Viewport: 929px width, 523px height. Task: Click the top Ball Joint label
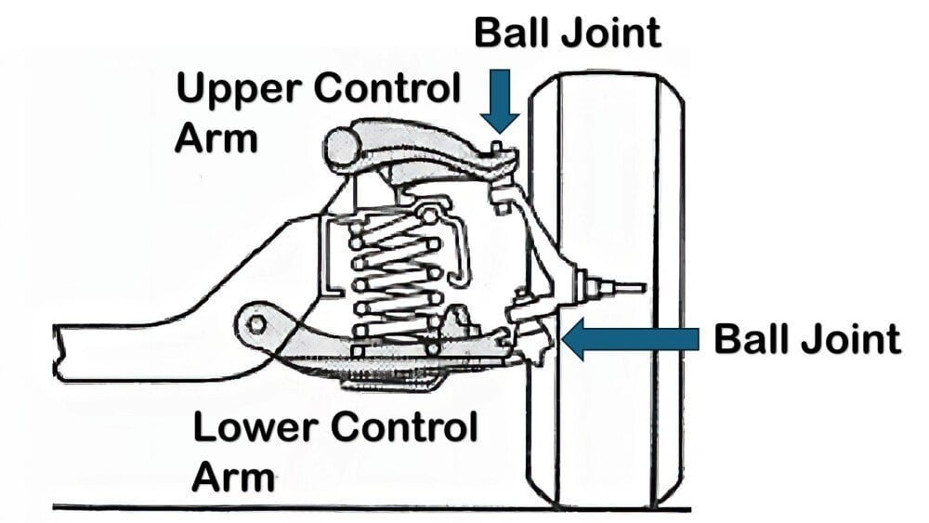(568, 32)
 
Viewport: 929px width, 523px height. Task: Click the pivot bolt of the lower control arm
(257, 322)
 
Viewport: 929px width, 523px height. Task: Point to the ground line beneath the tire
(372, 508)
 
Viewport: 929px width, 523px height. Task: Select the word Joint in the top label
(612, 32)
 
